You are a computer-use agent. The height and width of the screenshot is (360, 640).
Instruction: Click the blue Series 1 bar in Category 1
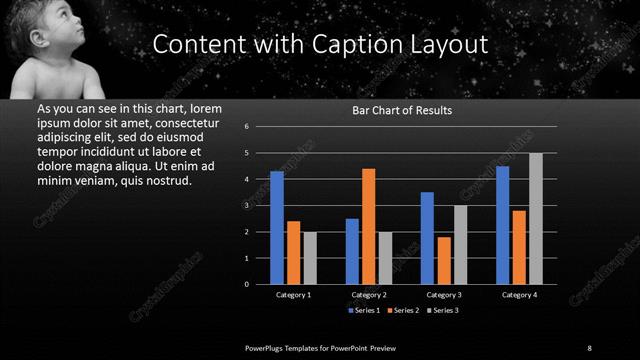coord(277,228)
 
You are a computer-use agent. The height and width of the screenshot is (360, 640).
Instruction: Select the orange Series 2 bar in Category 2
coord(368,226)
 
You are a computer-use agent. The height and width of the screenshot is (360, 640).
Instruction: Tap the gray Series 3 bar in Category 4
coord(535,219)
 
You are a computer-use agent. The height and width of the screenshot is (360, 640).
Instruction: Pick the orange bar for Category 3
coord(443,260)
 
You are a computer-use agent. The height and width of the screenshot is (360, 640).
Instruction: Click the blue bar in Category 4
coord(502,225)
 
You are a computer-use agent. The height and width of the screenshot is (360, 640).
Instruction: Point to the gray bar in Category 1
coord(309,258)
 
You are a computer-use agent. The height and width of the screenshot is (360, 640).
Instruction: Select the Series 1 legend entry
coord(364,310)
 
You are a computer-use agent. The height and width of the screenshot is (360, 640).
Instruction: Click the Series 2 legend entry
coord(403,310)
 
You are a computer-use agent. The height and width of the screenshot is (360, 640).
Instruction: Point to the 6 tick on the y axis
coord(259,127)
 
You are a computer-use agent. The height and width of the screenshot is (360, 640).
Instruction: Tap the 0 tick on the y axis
coord(259,284)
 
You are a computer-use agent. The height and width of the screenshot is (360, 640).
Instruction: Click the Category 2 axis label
coord(368,295)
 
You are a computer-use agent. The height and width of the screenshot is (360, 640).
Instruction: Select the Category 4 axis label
coord(519,295)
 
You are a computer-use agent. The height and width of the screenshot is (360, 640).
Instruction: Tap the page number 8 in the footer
coord(590,347)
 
